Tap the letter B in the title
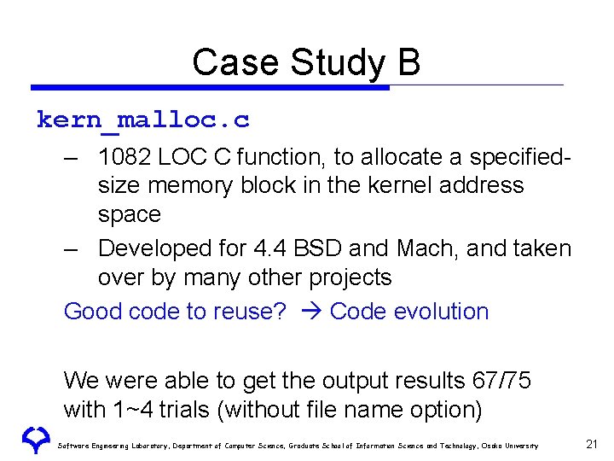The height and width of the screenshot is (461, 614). (408, 62)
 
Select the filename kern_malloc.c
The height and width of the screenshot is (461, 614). (143, 120)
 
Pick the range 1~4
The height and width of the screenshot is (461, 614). (132, 410)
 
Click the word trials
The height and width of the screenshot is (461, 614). (186, 410)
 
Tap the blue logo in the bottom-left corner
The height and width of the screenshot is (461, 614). (35, 440)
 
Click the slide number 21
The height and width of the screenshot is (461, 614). (592, 444)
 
